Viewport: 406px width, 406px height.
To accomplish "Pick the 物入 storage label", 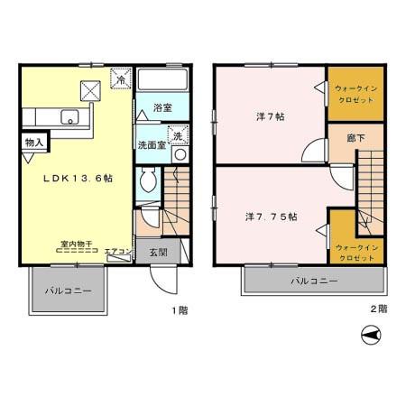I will tap(32, 143).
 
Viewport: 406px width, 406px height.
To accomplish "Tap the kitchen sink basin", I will tap(68, 115).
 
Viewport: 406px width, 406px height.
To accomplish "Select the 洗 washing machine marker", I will tap(178, 135).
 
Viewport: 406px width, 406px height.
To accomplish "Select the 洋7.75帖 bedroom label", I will tap(272, 217).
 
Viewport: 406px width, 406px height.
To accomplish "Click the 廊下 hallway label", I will tap(356, 140).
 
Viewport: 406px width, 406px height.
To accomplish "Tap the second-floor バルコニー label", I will tap(314, 281).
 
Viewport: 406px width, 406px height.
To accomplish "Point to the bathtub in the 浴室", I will tap(164, 84).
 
